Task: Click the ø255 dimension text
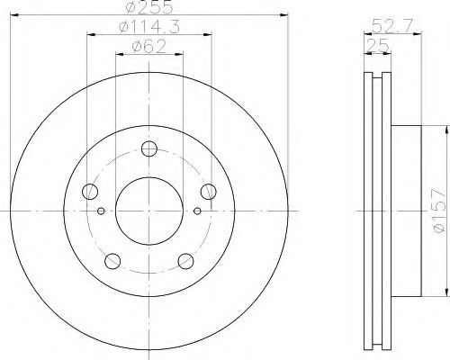148,6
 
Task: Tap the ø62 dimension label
148,47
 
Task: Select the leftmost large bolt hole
89,191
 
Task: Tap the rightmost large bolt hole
209,191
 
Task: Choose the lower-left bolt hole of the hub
112,261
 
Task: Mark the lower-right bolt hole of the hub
185,261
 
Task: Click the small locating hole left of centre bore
101,211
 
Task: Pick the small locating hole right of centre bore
197,211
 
